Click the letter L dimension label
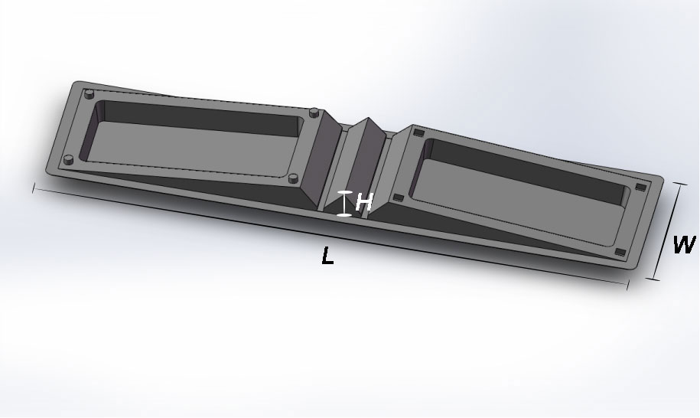coord(327,256)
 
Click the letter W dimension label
coord(684,244)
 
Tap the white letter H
coord(364,202)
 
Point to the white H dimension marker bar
coord(344,204)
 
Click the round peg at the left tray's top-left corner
coord(90,93)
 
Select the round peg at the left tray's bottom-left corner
coord(68,159)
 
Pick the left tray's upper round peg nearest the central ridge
coord(314,112)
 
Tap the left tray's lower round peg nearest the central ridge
coord(293,178)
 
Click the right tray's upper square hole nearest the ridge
coord(418,132)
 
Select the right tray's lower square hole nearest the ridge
coord(398,198)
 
